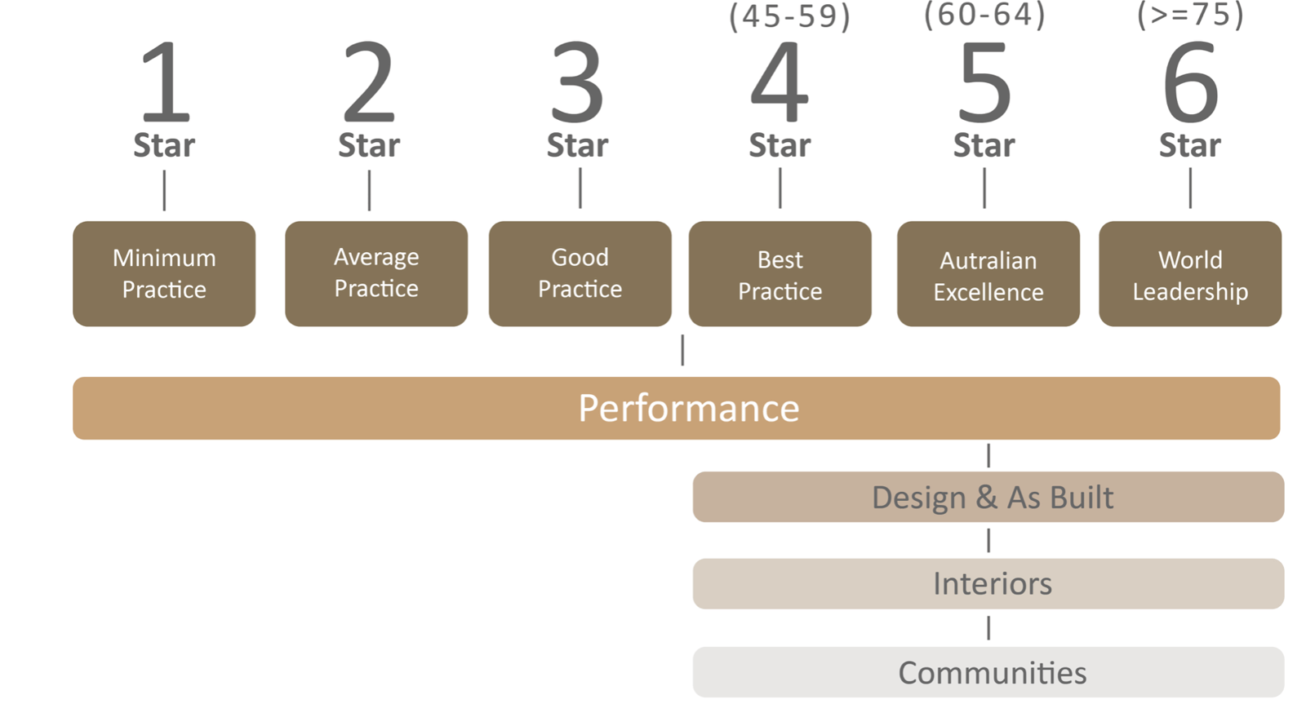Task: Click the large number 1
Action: pos(167,82)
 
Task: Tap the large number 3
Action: pos(577,82)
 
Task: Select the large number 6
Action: pos(1190,82)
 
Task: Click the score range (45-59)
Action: pos(789,16)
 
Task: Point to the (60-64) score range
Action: pos(984,15)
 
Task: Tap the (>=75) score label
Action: pos(1190,15)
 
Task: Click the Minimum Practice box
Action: pos(164,273)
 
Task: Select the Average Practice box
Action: pos(376,273)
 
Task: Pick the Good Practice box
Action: pos(580,273)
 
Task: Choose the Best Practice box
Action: pos(780,273)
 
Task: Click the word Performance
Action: pos(688,408)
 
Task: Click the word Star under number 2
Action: pos(369,145)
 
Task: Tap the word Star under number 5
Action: pos(984,145)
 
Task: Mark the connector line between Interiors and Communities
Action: pos(988,627)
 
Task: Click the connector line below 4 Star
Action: pos(780,188)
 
